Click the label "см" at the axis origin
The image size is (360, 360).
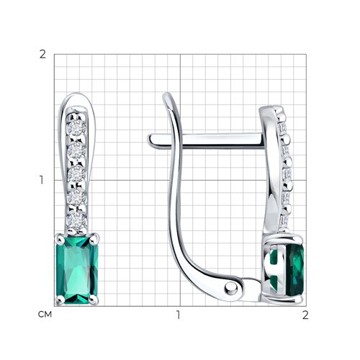tap(45, 315)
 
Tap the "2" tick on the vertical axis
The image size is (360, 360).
tap(42, 55)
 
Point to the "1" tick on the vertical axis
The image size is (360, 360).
tap(42, 180)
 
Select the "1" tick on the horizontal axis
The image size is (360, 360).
tap(178, 315)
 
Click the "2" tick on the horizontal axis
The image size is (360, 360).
tap(305, 315)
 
